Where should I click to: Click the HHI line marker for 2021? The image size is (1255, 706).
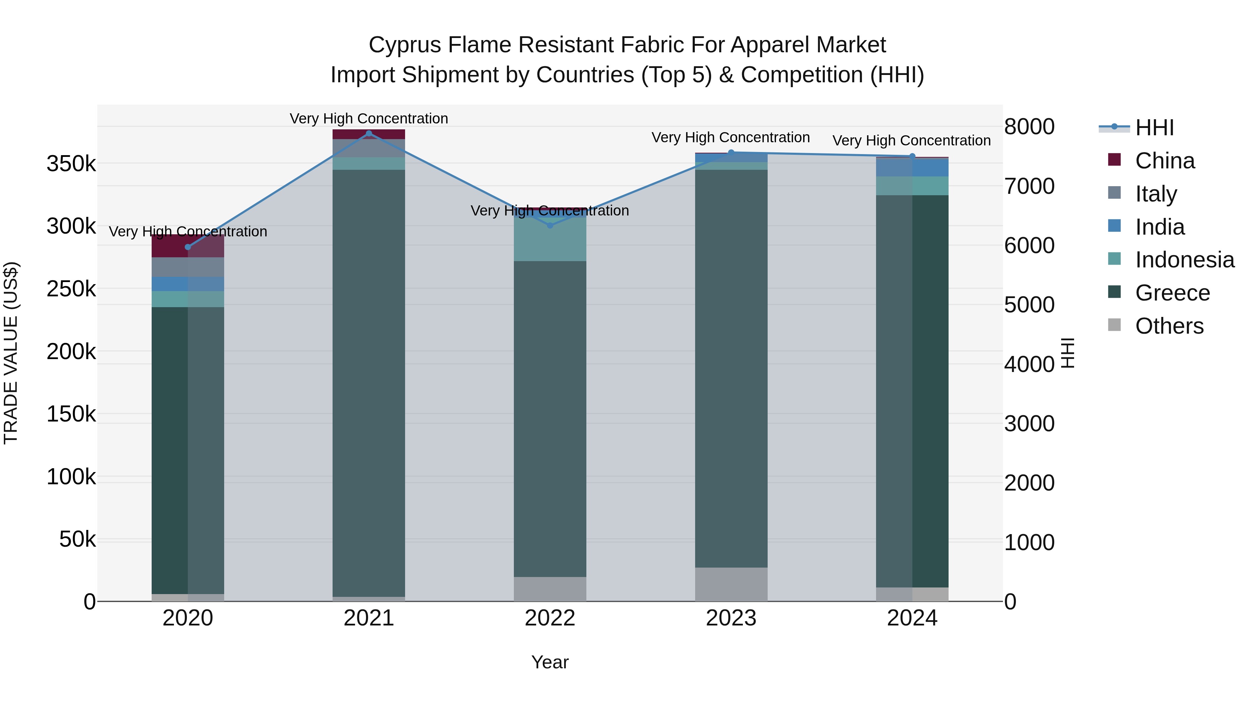[x=369, y=134]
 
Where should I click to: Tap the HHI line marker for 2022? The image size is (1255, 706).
[x=550, y=225]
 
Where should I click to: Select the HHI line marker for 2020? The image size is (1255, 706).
[x=188, y=247]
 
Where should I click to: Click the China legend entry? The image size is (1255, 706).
[x=1164, y=161]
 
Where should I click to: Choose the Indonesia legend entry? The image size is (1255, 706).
[x=1184, y=260]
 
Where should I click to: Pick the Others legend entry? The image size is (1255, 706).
[x=1169, y=326]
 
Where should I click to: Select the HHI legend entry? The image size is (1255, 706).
[x=1154, y=128]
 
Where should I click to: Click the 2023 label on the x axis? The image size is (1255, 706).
[x=731, y=618]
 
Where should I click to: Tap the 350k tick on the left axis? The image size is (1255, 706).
[x=71, y=164]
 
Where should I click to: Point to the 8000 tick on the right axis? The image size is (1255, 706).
[x=1029, y=127]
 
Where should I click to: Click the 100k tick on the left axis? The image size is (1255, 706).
[x=71, y=477]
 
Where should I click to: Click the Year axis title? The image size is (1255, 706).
[x=550, y=662]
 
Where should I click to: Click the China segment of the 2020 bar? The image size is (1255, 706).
[x=188, y=245]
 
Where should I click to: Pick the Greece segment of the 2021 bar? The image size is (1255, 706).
[x=369, y=383]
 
